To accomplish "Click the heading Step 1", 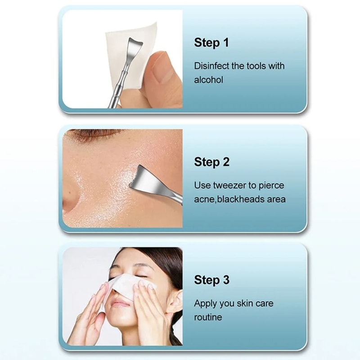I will point(211,43).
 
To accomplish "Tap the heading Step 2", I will point(211,162).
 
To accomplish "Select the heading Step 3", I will point(211,280).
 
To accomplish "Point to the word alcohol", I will point(208,80).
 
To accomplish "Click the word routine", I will point(208,317).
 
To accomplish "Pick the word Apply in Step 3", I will point(205,304).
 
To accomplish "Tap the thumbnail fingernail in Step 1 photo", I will point(160,66).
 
